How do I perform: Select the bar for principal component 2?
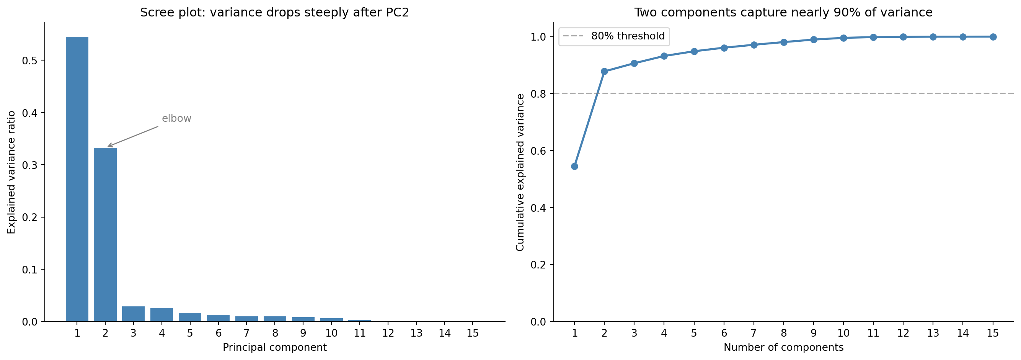click(x=105, y=234)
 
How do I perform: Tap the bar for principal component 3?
click(x=133, y=314)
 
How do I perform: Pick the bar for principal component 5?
click(x=190, y=317)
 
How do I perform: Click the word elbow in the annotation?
click(x=176, y=119)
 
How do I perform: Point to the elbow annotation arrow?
click(x=133, y=136)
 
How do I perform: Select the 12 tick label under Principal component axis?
click(x=388, y=333)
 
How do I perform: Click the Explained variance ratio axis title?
click(x=11, y=172)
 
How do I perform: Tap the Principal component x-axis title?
click(x=274, y=348)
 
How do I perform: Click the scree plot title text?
click(x=274, y=13)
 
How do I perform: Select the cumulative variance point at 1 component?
click(x=574, y=166)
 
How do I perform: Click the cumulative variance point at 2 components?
click(x=604, y=71)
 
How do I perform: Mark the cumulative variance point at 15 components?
click(x=993, y=37)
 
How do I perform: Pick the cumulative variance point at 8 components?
click(x=784, y=42)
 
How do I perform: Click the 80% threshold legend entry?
click(x=614, y=36)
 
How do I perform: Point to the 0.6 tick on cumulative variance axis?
click(x=538, y=151)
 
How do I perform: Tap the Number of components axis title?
click(x=784, y=348)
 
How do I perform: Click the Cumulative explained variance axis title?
click(x=520, y=172)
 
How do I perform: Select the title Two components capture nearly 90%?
click(x=784, y=13)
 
